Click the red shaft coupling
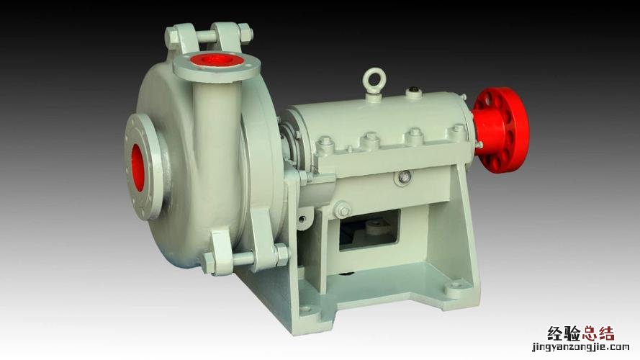(502, 130)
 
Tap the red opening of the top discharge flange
(216, 60)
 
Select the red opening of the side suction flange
(138, 167)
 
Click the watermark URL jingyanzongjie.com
(580, 347)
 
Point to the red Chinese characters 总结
(598, 333)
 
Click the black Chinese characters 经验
(564, 333)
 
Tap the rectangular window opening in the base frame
(369, 230)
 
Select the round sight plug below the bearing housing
(405, 176)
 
